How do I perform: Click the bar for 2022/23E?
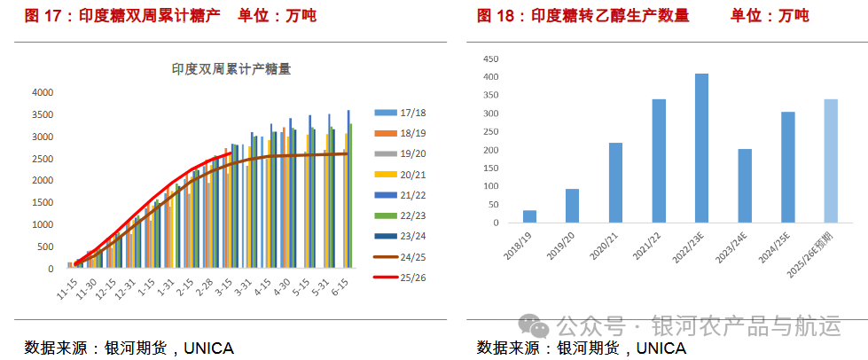pyautogui.click(x=701, y=148)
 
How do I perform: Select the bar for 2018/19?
pyautogui.click(x=529, y=216)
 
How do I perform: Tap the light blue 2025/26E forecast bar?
pyautogui.click(x=831, y=160)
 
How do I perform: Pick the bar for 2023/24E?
pyautogui.click(x=745, y=185)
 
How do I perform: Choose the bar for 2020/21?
pyautogui.click(x=615, y=183)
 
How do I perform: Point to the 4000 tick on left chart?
pyautogui.click(x=43, y=92)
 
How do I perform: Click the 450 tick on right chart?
pyautogui.click(x=490, y=59)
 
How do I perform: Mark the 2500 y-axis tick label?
pyautogui.click(x=43, y=158)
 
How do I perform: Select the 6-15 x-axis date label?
pyautogui.click(x=340, y=290)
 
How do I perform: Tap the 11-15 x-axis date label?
pyautogui.click(x=66, y=290)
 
